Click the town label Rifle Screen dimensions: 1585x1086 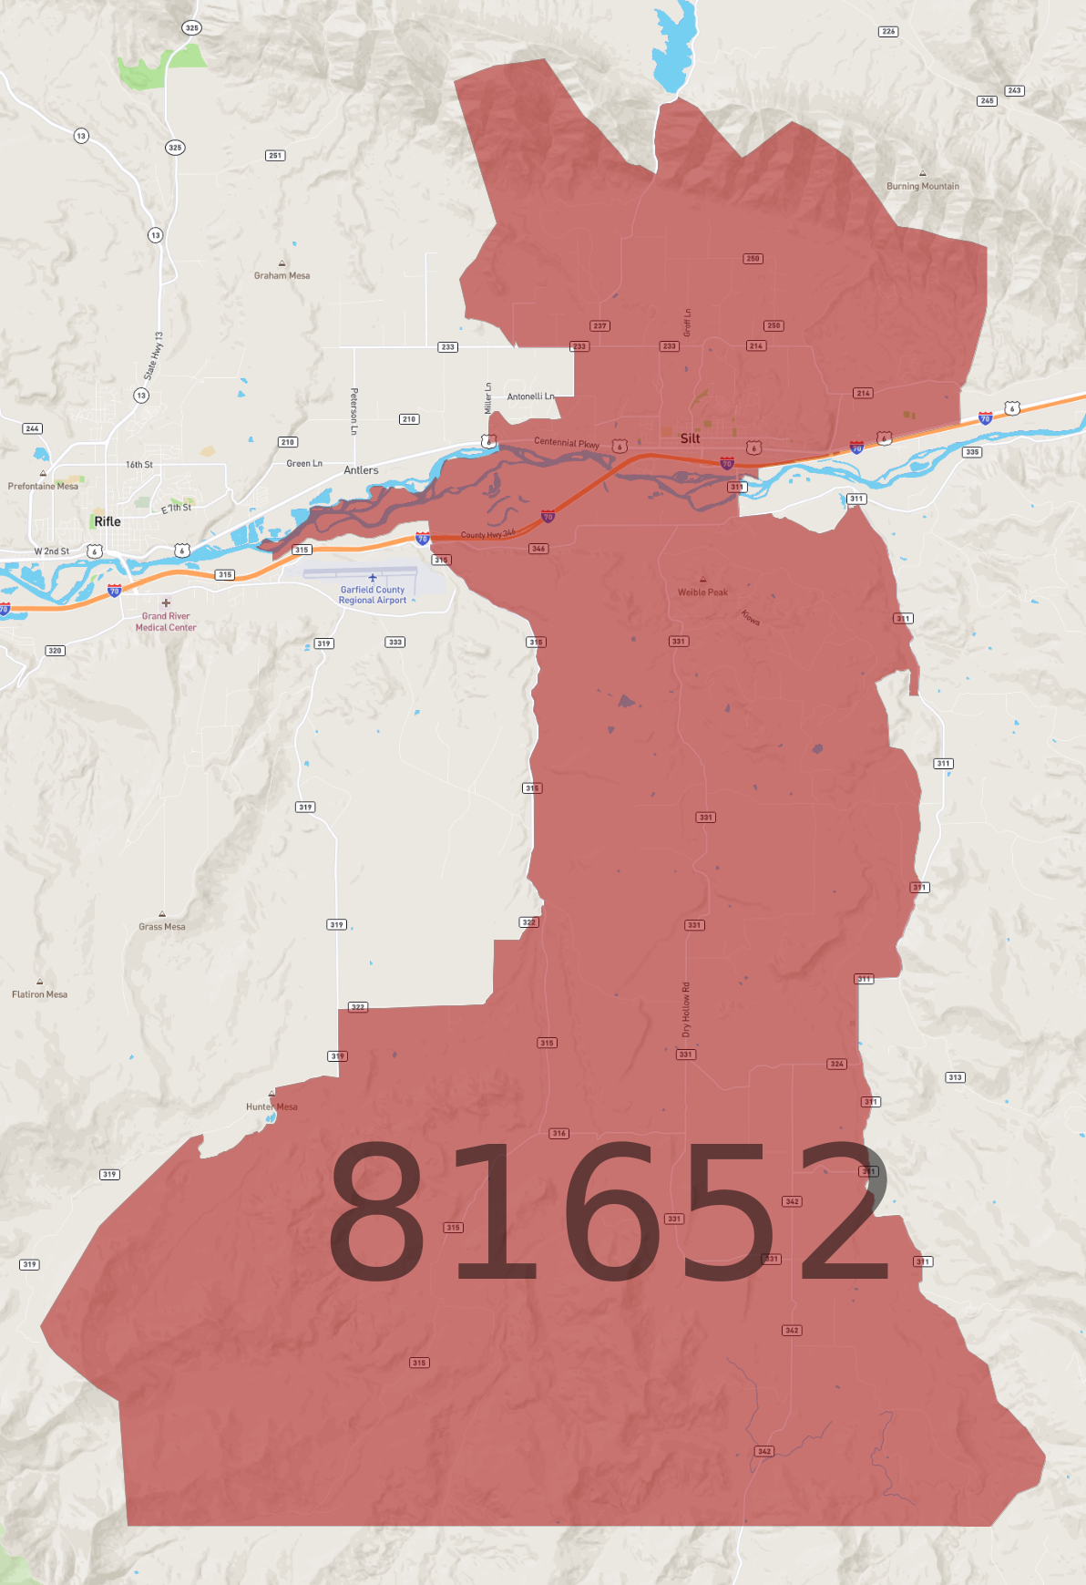coord(108,521)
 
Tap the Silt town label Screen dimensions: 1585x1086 coord(691,438)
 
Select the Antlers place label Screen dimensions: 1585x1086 coord(361,470)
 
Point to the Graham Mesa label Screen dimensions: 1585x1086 coord(282,275)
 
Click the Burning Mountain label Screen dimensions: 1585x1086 coord(922,186)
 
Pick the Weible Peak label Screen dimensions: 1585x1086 coord(702,592)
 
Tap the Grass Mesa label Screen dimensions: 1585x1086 coord(162,927)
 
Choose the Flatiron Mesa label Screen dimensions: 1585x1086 coord(39,994)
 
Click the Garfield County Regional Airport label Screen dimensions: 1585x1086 coord(373,595)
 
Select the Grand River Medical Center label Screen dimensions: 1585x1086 coord(166,622)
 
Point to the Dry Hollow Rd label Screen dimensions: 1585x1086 coord(686,1009)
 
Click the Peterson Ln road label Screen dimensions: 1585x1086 coord(353,410)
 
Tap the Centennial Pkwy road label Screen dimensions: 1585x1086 coord(567,443)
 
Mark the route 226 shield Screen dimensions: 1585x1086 coord(888,32)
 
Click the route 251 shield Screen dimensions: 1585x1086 coord(275,156)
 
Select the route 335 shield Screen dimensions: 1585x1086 coord(972,452)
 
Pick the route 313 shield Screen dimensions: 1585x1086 coord(955,1077)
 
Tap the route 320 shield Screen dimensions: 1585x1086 coord(56,651)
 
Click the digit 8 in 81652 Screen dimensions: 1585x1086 coord(376,1209)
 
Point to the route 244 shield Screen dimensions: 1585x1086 coord(33,428)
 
